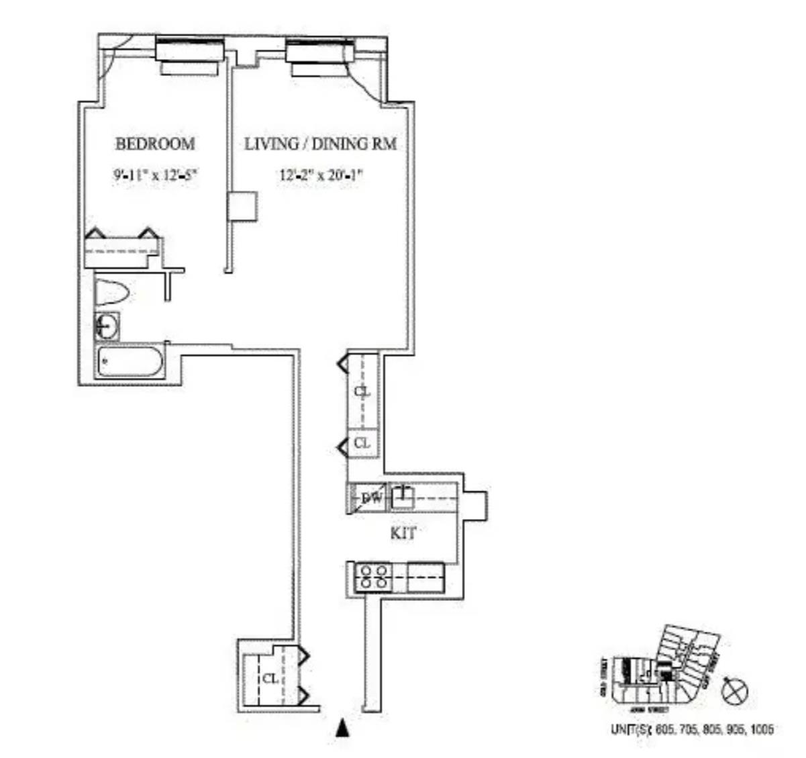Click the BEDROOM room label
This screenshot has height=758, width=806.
tap(155, 144)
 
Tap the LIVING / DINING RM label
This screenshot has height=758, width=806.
tap(320, 144)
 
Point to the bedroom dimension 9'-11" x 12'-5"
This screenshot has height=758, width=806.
tap(156, 176)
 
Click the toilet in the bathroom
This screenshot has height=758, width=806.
tap(111, 293)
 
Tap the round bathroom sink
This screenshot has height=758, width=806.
tap(107, 327)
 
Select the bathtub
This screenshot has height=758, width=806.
tap(130, 363)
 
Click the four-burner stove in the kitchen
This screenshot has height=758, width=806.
tap(372, 577)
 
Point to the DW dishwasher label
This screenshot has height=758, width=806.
tap(371, 498)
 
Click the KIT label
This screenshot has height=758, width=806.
tap(403, 534)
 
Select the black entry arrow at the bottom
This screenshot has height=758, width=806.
tap(343, 729)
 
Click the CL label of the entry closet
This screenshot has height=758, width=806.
tap(270, 678)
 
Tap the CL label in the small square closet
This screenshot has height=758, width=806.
tap(362, 443)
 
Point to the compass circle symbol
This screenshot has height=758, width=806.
tap(734, 690)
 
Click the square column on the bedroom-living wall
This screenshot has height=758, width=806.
tap(242, 207)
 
